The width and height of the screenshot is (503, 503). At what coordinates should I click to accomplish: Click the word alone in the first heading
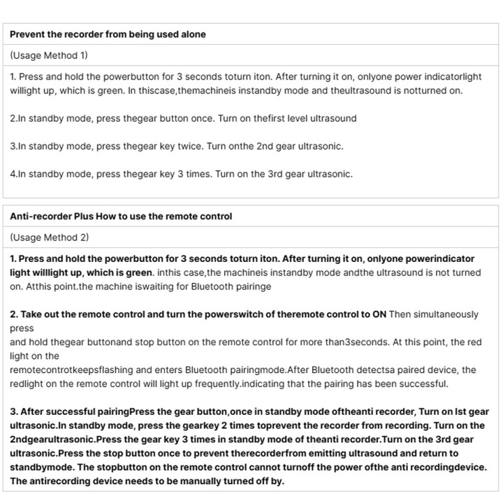pos(191,34)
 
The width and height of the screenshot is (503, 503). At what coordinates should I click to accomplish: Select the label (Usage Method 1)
pos(49,55)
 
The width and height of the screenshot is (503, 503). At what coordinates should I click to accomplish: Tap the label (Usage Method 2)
pos(50,238)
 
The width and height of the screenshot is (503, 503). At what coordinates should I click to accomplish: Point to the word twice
pos(193,146)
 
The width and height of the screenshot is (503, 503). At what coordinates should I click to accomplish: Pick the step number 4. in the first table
pos(14,174)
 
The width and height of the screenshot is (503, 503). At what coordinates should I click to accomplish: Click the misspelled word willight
pos(27,90)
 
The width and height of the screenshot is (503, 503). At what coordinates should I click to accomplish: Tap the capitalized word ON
pos(379,314)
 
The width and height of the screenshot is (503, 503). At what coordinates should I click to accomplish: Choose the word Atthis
pos(38,286)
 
